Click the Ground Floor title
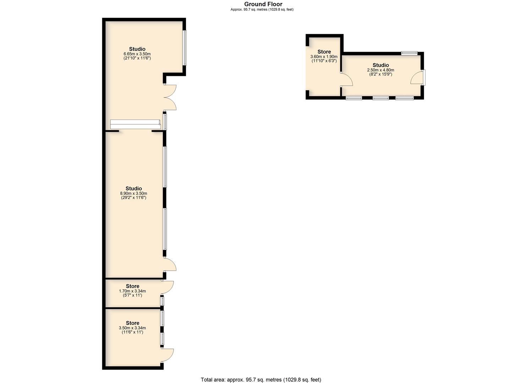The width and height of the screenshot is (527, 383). point(263,4)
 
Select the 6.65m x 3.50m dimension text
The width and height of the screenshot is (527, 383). point(137,54)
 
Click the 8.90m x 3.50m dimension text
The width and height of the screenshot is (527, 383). point(134,194)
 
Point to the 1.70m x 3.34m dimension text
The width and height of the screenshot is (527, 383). point(132,291)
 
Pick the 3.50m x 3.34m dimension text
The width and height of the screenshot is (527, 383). point(132,328)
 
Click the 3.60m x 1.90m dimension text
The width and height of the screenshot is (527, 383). point(324,57)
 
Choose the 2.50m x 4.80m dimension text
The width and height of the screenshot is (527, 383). point(381,70)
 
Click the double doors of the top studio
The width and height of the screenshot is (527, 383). point(170,97)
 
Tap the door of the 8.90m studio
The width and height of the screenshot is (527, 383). point(170,264)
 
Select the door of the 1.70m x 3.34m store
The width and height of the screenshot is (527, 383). point(168,287)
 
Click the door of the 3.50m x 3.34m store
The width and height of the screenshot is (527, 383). point(168,355)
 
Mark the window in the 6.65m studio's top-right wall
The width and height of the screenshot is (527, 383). point(185,48)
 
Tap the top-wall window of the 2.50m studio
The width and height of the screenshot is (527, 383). point(410,53)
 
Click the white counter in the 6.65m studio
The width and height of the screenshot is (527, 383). point(136,124)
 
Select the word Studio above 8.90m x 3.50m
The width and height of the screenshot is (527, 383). point(134,189)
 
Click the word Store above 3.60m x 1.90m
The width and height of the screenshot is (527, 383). point(324,52)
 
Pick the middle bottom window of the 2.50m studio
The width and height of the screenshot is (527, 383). point(381,98)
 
